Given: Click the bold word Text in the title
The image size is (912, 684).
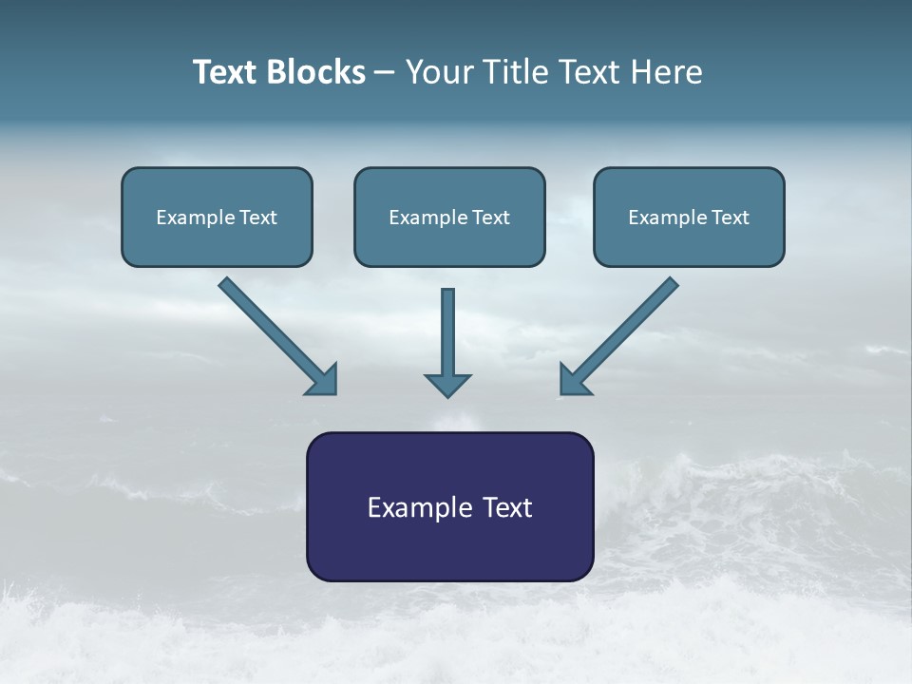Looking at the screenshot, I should (226, 72).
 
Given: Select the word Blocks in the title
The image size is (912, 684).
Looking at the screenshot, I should (315, 72).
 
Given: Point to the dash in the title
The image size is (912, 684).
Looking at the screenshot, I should (385, 73).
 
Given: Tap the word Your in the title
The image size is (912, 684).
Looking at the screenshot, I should (442, 72).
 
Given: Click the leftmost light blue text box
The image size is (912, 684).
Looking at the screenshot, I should (217, 217).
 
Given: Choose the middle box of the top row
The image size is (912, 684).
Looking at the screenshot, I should (449, 217).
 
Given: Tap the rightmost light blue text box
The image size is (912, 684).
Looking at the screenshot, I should (689, 217).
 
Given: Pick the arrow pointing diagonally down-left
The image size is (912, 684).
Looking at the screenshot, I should (619, 335).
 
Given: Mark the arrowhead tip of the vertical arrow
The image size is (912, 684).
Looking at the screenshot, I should (447, 395).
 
